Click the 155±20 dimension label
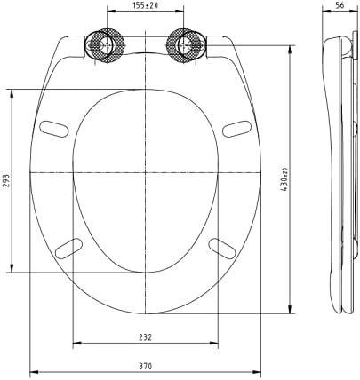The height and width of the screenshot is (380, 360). tap(145, 5)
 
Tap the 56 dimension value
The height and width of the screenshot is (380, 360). tap(340, 5)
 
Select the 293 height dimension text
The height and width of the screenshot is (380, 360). tap(7, 180)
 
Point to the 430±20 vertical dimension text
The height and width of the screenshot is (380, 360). tap(284, 179)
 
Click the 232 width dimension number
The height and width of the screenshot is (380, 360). tap(145, 337)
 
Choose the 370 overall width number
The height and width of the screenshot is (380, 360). tap(145, 366)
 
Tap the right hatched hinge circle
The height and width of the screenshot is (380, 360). tap(184, 45)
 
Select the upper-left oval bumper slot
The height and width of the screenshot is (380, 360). tap(54, 129)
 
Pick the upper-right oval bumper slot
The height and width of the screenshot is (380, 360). tap(236, 129)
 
